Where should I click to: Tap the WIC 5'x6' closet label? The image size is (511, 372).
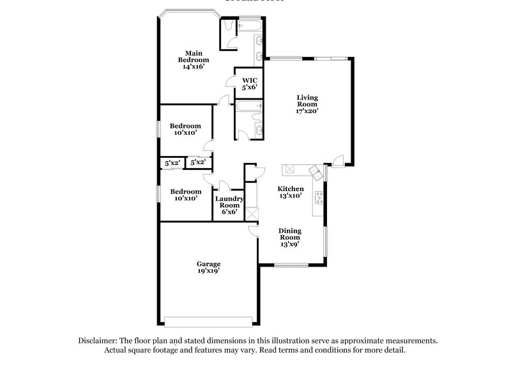pos(249,84)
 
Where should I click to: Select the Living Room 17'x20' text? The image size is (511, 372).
pos(307,104)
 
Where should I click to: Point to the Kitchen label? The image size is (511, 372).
pos(290,194)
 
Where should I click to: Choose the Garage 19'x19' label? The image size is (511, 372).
pos(209,268)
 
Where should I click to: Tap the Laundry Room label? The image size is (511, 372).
pos(229,204)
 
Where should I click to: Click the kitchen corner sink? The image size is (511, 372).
pos(316,171)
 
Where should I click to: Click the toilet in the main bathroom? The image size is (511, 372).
pos(227,27)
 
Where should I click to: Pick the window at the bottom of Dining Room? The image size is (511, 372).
pos(287,265)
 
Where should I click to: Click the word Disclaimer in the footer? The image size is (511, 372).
pos(100,341)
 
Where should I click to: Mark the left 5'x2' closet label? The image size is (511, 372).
pos(172,163)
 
